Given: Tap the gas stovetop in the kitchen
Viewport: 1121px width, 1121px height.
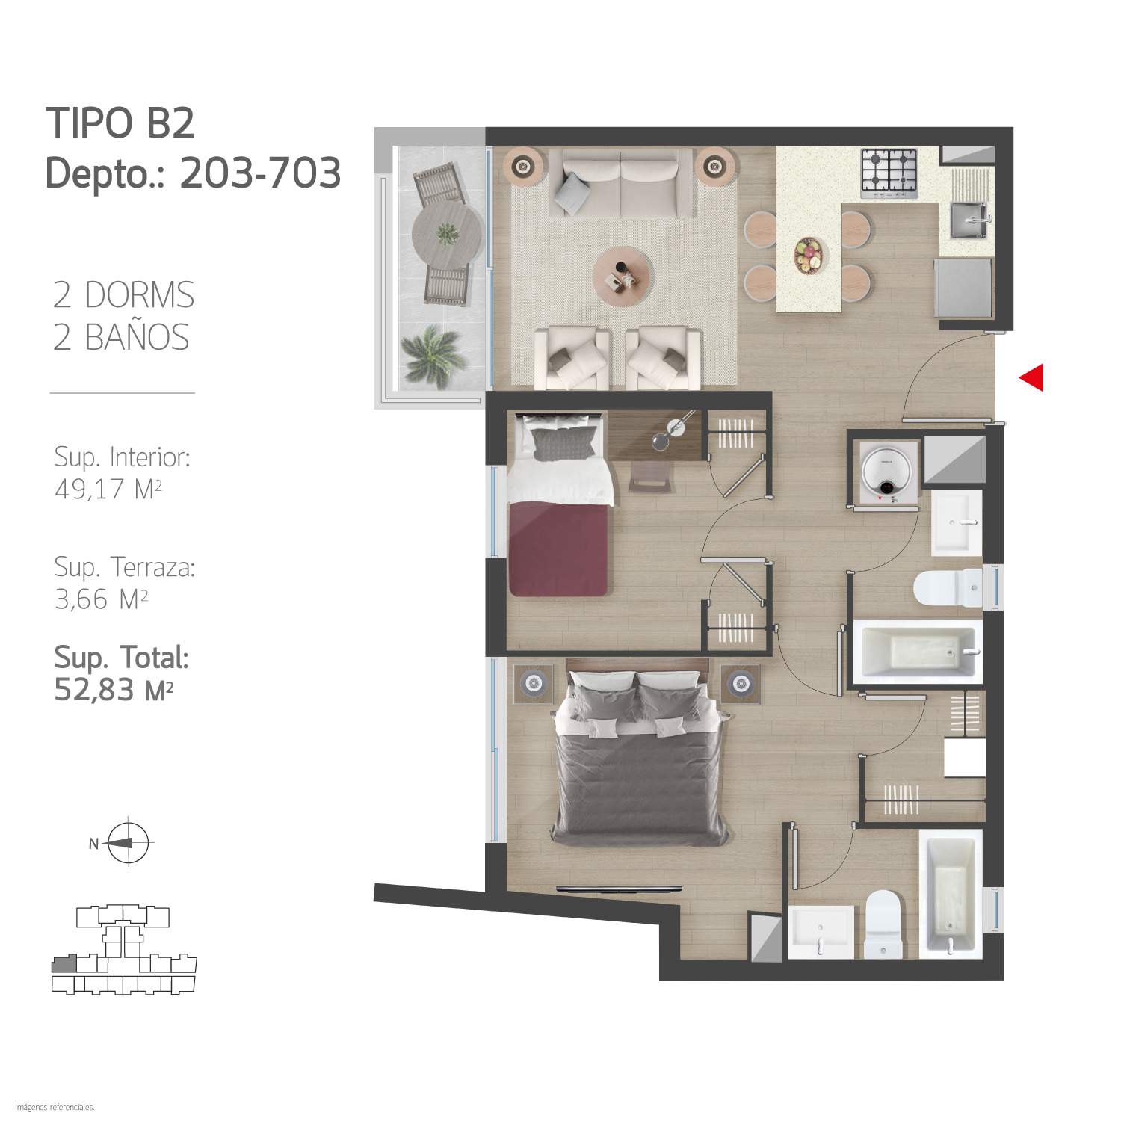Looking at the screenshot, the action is [889, 173].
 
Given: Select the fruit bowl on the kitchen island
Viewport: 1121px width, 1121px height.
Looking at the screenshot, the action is [808, 256].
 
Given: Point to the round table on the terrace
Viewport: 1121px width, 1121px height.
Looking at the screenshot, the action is [447, 234].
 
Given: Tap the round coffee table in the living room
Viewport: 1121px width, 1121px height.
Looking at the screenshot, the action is [623, 274].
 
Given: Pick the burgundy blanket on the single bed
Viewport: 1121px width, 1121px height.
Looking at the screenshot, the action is [558, 549].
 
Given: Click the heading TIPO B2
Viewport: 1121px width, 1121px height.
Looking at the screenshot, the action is [120, 123].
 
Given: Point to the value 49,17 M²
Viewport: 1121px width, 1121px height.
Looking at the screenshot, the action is [108, 490].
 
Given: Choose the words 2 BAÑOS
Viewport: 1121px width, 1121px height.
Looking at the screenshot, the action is [121, 338].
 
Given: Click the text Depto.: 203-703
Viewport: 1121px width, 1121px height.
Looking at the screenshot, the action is [193, 174].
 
